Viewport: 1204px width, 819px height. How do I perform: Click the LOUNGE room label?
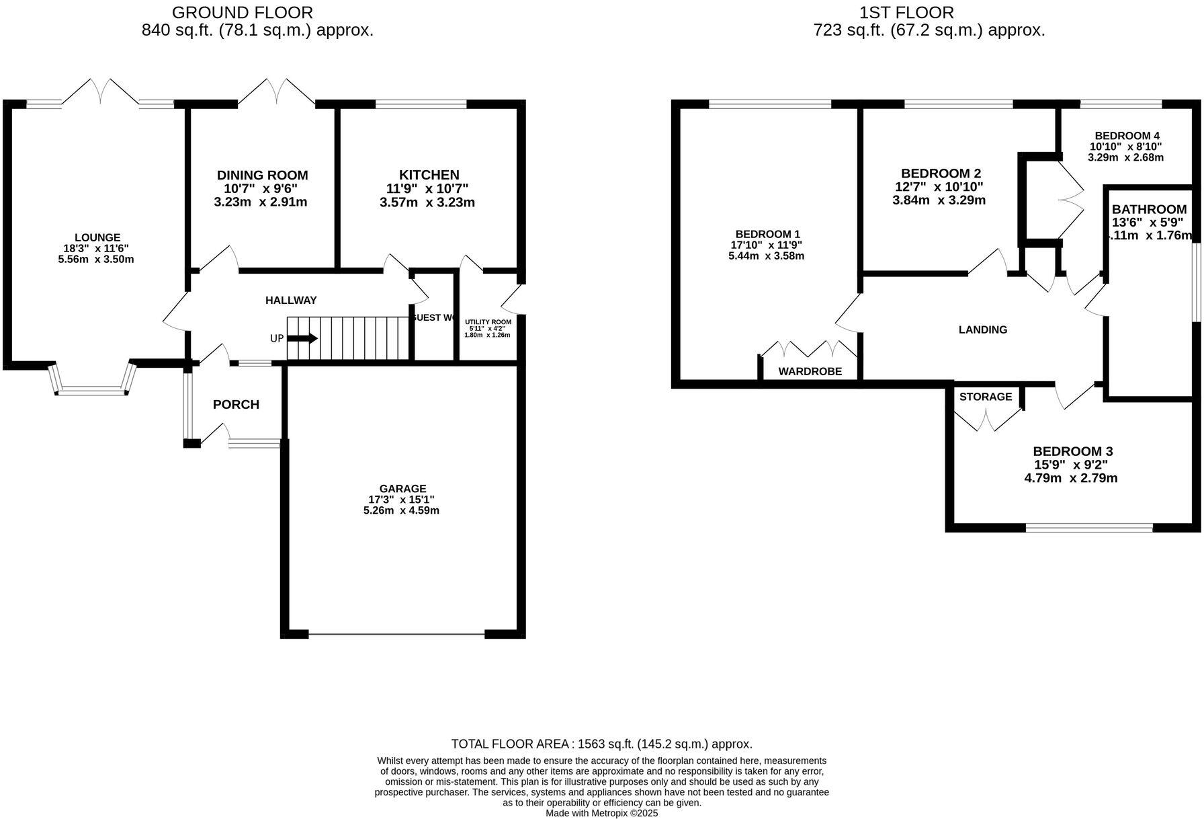point(97,237)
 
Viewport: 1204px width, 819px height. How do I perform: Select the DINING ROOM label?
point(262,175)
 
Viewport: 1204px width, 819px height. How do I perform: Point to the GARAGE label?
point(402,489)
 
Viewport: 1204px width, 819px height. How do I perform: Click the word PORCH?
point(236,404)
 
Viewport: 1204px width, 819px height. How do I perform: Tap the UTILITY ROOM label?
point(488,322)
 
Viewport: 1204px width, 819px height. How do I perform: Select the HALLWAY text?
point(291,301)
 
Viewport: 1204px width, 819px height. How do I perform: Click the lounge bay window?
point(93,389)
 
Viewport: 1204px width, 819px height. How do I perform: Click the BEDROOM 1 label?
point(767,234)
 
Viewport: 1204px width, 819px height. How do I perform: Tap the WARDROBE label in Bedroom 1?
point(810,371)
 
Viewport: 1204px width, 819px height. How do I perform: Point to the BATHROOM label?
point(1149,209)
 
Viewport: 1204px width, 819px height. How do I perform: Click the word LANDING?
point(982,329)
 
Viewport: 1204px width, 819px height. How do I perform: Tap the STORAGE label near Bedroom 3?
point(985,397)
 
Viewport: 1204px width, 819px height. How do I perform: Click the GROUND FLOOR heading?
point(243,12)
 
